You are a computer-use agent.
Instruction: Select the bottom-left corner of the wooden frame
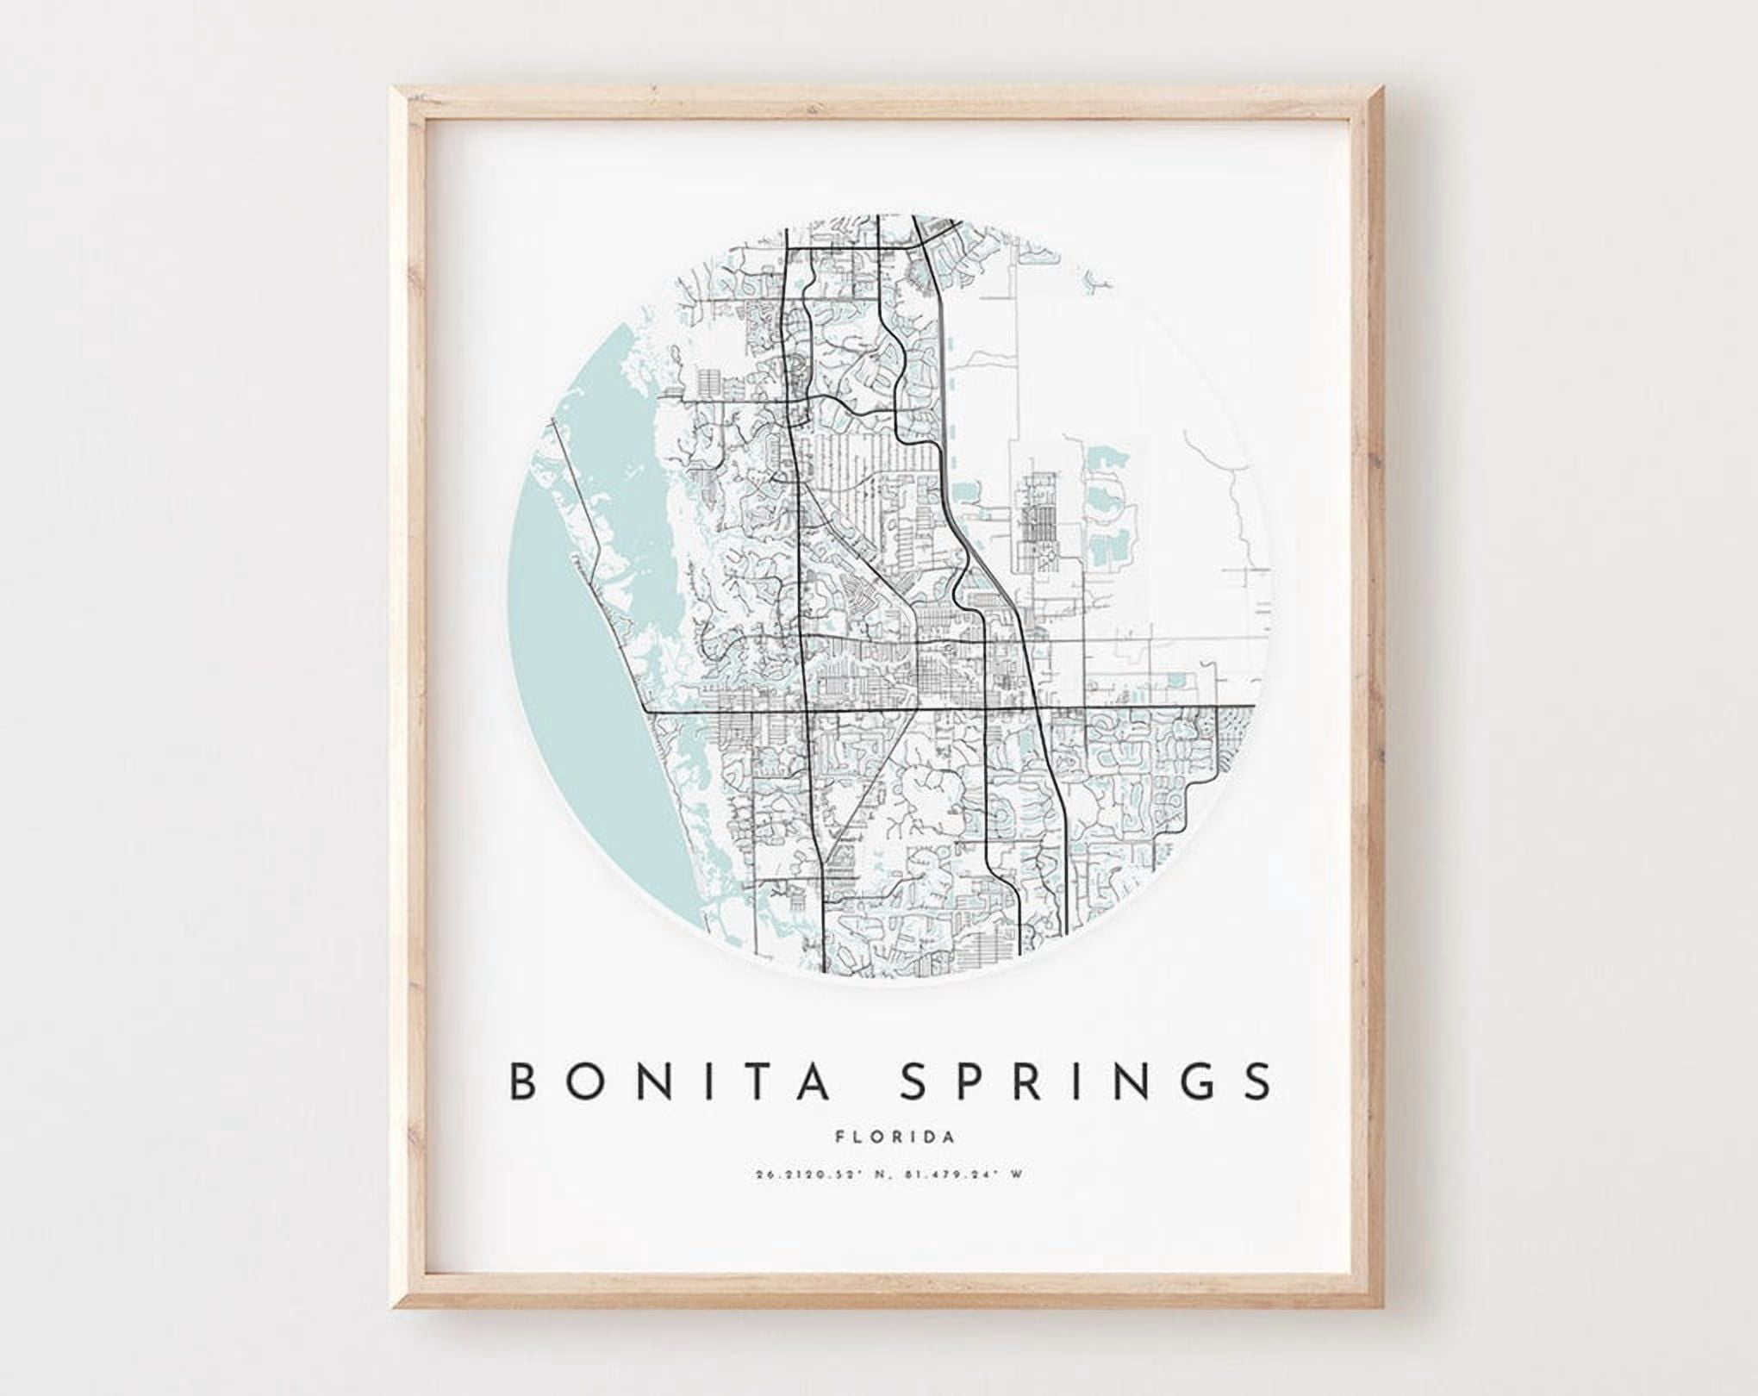tap(397, 1318)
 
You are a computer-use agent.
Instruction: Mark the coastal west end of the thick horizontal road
tap(648, 712)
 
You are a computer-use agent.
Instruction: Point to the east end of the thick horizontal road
tap(1252, 707)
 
